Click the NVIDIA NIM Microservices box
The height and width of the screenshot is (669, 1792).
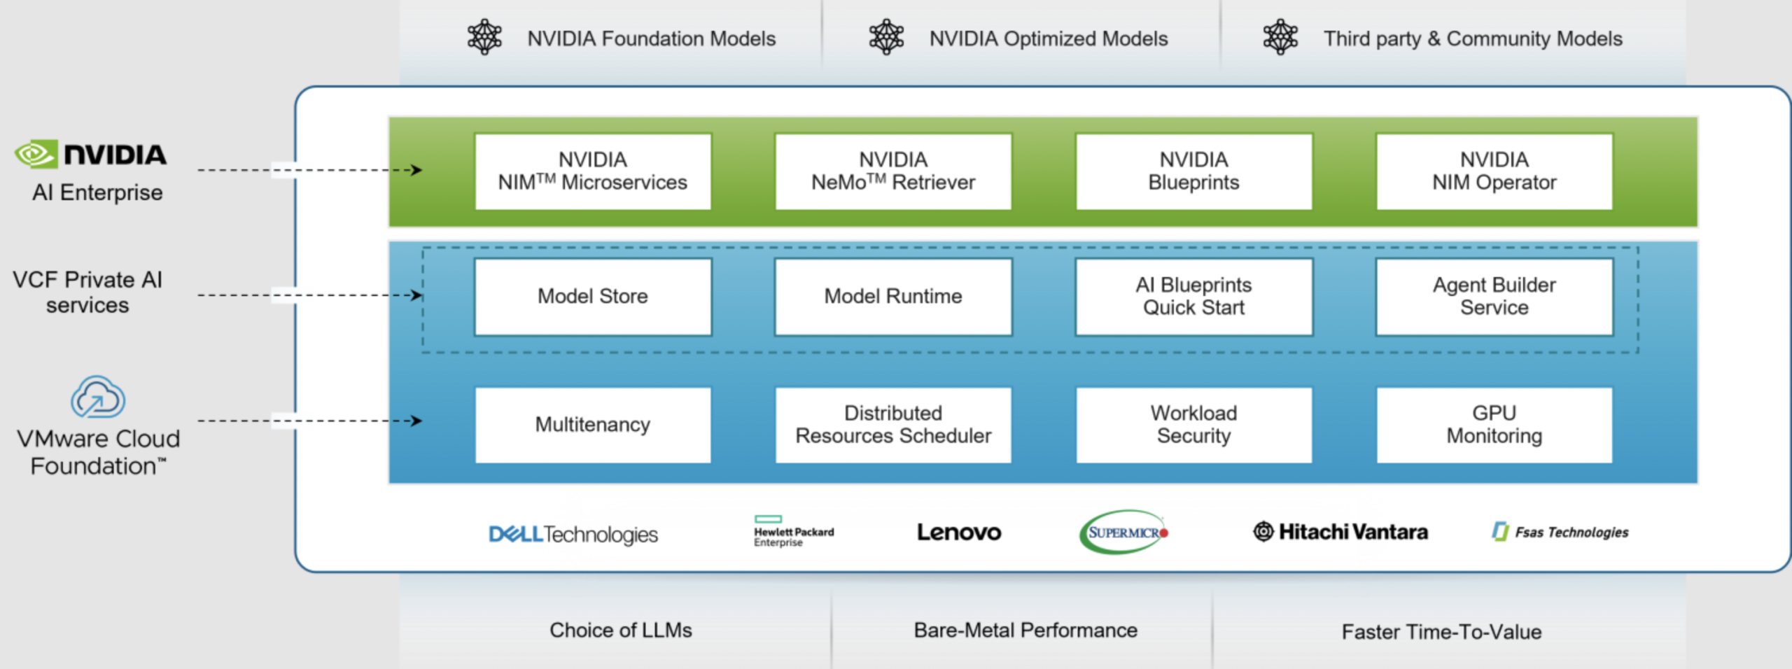592,171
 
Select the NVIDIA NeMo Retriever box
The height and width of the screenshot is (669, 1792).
892,171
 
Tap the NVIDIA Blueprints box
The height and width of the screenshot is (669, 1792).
1193,171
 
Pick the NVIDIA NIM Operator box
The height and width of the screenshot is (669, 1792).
1494,171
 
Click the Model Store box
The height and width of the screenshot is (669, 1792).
592,297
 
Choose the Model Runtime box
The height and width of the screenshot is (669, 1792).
892,297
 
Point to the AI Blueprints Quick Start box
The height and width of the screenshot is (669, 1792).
1193,297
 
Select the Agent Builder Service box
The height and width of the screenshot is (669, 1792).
1494,297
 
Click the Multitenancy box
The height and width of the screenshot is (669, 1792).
592,425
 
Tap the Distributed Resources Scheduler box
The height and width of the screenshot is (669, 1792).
892,425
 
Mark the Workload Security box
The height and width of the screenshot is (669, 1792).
1193,425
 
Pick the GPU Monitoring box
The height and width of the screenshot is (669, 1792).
1494,425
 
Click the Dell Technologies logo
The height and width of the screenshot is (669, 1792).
573,535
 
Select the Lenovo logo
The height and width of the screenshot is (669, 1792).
959,533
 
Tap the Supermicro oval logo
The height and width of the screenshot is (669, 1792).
1123,532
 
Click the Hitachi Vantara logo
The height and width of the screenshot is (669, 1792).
1340,532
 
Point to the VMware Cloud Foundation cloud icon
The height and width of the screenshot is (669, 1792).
98,397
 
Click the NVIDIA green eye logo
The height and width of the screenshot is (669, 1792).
36,154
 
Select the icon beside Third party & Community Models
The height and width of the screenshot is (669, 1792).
1280,37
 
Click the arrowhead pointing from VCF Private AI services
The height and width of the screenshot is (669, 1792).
416,295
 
